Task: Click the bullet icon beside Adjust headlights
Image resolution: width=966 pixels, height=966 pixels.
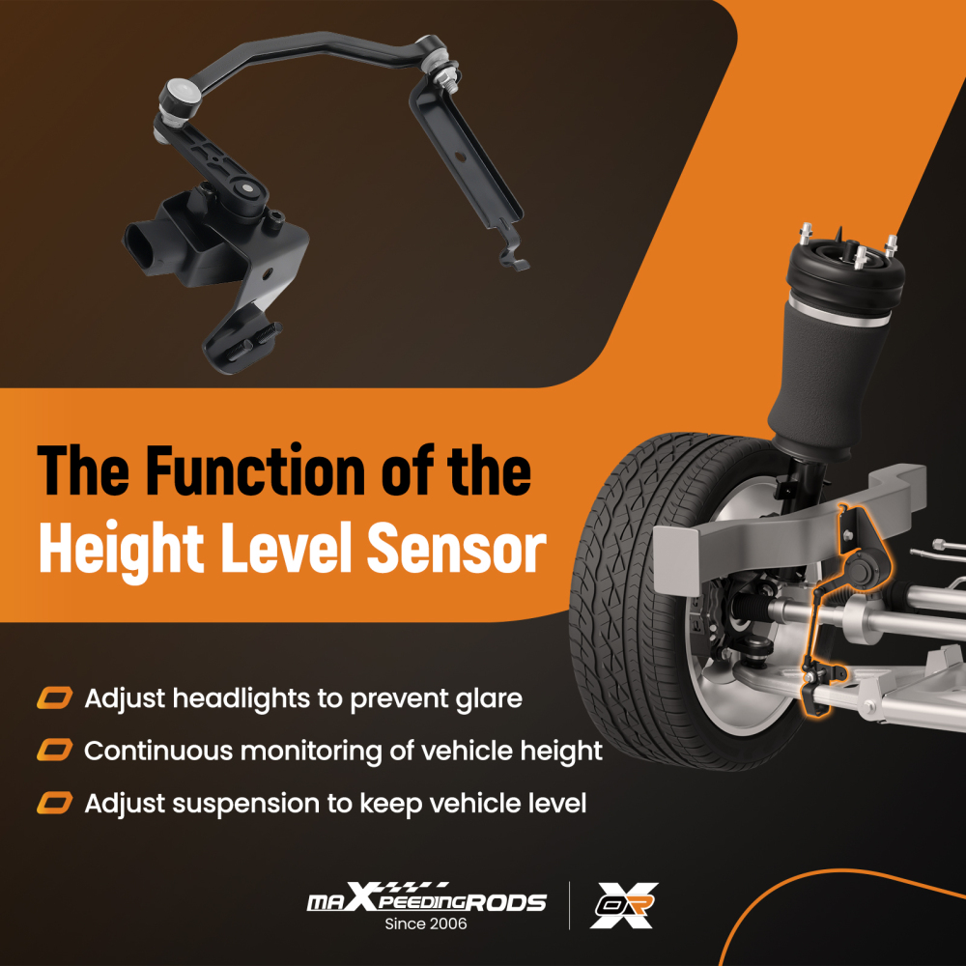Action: pos(54,697)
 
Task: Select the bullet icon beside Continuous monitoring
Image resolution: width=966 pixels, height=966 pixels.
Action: pos(54,750)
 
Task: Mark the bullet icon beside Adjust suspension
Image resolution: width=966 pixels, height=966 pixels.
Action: pos(54,803)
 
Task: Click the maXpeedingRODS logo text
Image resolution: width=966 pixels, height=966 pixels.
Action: pos(426,901)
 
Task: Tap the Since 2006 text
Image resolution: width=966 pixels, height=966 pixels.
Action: pos(426,924)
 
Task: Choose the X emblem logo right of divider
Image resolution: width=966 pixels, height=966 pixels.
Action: pos(624,905)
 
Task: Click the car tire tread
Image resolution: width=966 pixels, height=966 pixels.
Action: pos(618,541)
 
